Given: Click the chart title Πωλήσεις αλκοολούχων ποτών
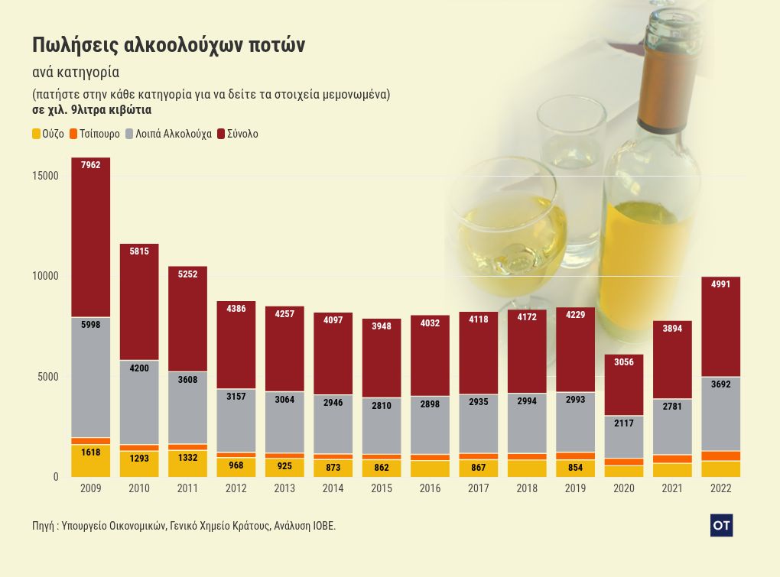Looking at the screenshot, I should (x=168, y=45).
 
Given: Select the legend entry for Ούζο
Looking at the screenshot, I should (x=47, y=134).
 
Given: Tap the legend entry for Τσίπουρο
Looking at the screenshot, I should (x=95, y=134).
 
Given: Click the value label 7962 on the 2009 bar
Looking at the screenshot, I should (x=90, y=165).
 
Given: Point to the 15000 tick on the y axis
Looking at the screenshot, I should (x=45, y=176).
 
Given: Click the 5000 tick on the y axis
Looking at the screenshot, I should (x=48, y=377).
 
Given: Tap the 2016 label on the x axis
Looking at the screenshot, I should (x=430, y=488).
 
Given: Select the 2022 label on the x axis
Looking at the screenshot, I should (x=720, y=488).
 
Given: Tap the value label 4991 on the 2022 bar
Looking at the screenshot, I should (x=720, y=284).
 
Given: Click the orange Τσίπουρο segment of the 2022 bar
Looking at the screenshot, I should (x=720, y=455).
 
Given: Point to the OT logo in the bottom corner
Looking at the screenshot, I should (x=721, y=525).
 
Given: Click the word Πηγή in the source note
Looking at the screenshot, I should (x=43, y=526).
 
